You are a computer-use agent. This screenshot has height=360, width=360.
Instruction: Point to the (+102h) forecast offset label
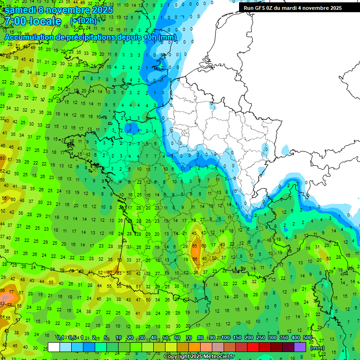[83, 21]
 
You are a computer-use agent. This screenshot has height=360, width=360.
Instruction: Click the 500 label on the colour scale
[307, 338]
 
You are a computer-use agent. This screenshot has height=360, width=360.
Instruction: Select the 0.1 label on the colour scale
[60, 338]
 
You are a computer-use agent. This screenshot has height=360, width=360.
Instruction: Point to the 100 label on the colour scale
[225, 338]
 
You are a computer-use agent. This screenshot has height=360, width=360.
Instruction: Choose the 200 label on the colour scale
[249, 338]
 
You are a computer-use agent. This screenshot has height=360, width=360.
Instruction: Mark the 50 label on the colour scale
[165, 338]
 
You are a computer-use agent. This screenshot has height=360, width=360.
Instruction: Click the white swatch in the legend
[54, 347]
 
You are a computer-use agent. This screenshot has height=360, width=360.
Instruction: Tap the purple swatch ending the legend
[300, 347]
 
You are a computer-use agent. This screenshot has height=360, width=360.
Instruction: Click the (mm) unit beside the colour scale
[317, 348]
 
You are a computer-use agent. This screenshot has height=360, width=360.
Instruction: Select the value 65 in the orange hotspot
[194, 246]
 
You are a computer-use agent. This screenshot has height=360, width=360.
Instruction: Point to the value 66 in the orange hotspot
[195, 259]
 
